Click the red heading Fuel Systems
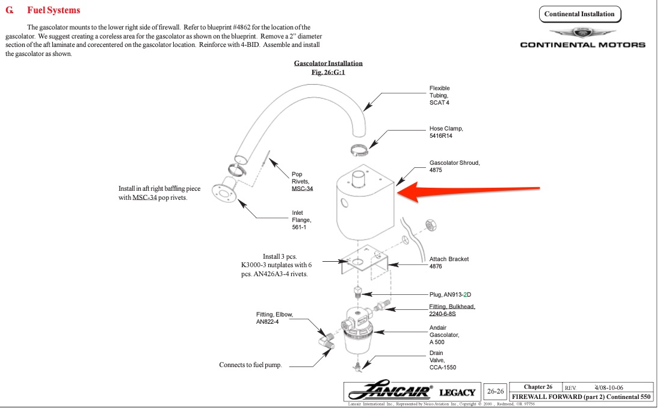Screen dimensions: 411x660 (54, 10)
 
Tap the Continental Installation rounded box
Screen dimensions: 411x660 (579, 14)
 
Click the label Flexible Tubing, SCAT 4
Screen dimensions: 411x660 (439, 95)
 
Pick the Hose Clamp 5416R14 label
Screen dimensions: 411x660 (446, 132)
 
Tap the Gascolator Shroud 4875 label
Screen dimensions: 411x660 (454, 166)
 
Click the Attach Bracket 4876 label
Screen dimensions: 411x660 (449, 262)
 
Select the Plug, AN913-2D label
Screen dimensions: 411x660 (450, 294)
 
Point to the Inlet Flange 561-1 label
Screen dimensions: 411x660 (302, 220)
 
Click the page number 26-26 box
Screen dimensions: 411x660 (495, 392)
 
